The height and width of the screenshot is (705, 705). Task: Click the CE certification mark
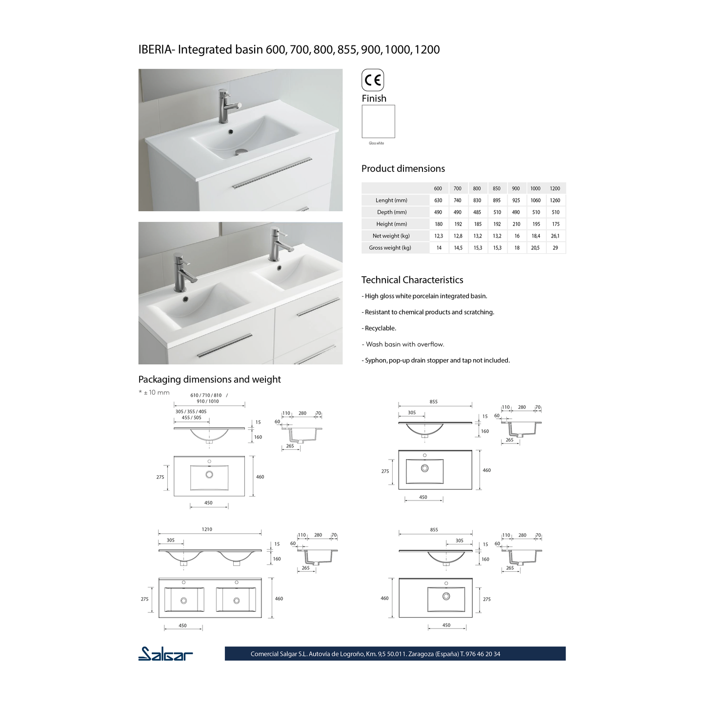point(373,80)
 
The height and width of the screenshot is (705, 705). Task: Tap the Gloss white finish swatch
point(378,121)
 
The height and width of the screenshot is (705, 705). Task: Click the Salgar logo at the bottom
point(165,654)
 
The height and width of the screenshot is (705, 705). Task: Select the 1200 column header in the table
point(555,188)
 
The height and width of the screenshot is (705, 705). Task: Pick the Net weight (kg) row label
point(391,236)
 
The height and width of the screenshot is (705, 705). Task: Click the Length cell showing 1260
point(555,200)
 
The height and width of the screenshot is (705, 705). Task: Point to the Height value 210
point(516,224)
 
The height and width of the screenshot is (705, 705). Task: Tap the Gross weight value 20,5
point(535,248)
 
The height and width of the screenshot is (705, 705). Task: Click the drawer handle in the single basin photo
point(271,173)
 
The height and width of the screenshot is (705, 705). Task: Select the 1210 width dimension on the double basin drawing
point(207,529)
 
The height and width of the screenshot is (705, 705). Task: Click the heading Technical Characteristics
point(412,280)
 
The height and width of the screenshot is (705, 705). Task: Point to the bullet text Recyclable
point(380,328)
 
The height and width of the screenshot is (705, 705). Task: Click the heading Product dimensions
point(403,169)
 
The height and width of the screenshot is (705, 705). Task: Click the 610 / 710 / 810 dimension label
point(206,395)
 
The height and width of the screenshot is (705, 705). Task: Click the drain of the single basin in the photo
point(241,152)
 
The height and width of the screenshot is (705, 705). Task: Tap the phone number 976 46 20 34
point(483,654)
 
